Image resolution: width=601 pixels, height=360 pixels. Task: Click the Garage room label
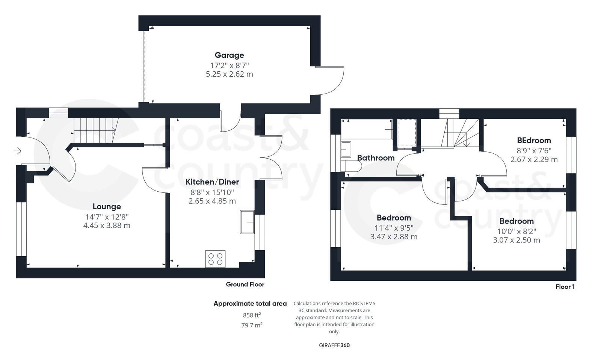pyautogui.click(x=229, y=55)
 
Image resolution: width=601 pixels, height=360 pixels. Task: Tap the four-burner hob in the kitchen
pyautogui.click(x=215, y=259)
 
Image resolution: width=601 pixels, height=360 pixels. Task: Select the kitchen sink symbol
pyautogui.click(x=247, y=222)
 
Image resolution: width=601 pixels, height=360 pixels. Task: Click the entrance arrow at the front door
pyautogui.click(x=18, y=151)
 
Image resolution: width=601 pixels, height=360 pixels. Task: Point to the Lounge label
pyautogui.click(x=107, y=207)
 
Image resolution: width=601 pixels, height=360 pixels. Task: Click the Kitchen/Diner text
pyautogui.click(x=212, y=182)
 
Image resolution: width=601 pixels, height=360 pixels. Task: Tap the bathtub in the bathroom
pyautogui.click(x=367, y=129)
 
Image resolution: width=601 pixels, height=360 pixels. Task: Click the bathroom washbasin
pyautogui.click(x=346, y=150)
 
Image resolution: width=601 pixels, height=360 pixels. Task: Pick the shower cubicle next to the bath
pyautogui.click(x=407, y=133)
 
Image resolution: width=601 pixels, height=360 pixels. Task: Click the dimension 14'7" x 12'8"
pyautogui.click(x=107, y=217)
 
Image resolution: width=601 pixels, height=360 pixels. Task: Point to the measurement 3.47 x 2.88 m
pyautogui.click(x=394, y=237)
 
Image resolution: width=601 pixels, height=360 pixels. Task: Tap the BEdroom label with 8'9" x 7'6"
pyautogui.click(x=534, y=141)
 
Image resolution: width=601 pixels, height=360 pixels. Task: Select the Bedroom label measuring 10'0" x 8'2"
pyautogui.click(x=516, y=221)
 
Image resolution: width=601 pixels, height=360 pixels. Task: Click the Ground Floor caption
pyautogui.click(x=245, y=284)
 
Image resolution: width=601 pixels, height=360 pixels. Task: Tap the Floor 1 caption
pyautogui.click(x=565, y=287)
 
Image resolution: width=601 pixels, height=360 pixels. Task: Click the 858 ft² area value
pyautogui.click(x=252, y=315)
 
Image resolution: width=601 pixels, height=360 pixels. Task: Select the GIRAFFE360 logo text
pyautogui.click(x=334, y=345)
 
